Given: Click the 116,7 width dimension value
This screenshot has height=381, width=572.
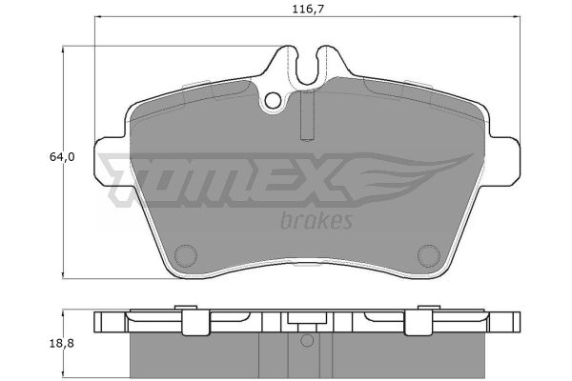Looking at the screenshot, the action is click(308, 9).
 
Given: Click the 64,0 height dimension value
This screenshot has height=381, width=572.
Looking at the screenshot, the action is click(62, 157).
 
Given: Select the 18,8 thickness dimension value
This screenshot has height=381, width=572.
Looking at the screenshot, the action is click(62, 344).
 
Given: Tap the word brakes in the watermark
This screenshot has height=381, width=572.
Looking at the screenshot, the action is click(317, 220).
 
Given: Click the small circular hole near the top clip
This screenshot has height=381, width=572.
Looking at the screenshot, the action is click(273, 101).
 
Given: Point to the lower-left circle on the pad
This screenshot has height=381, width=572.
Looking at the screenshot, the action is click(186, 255).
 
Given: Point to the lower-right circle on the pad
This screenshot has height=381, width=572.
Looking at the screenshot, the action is click(429, 255).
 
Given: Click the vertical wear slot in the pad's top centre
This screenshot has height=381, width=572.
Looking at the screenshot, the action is click(307, 115).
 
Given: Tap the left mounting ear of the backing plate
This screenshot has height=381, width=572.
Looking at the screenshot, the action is click(110, 160).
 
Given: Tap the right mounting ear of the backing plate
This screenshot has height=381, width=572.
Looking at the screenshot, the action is click(505, 160).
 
